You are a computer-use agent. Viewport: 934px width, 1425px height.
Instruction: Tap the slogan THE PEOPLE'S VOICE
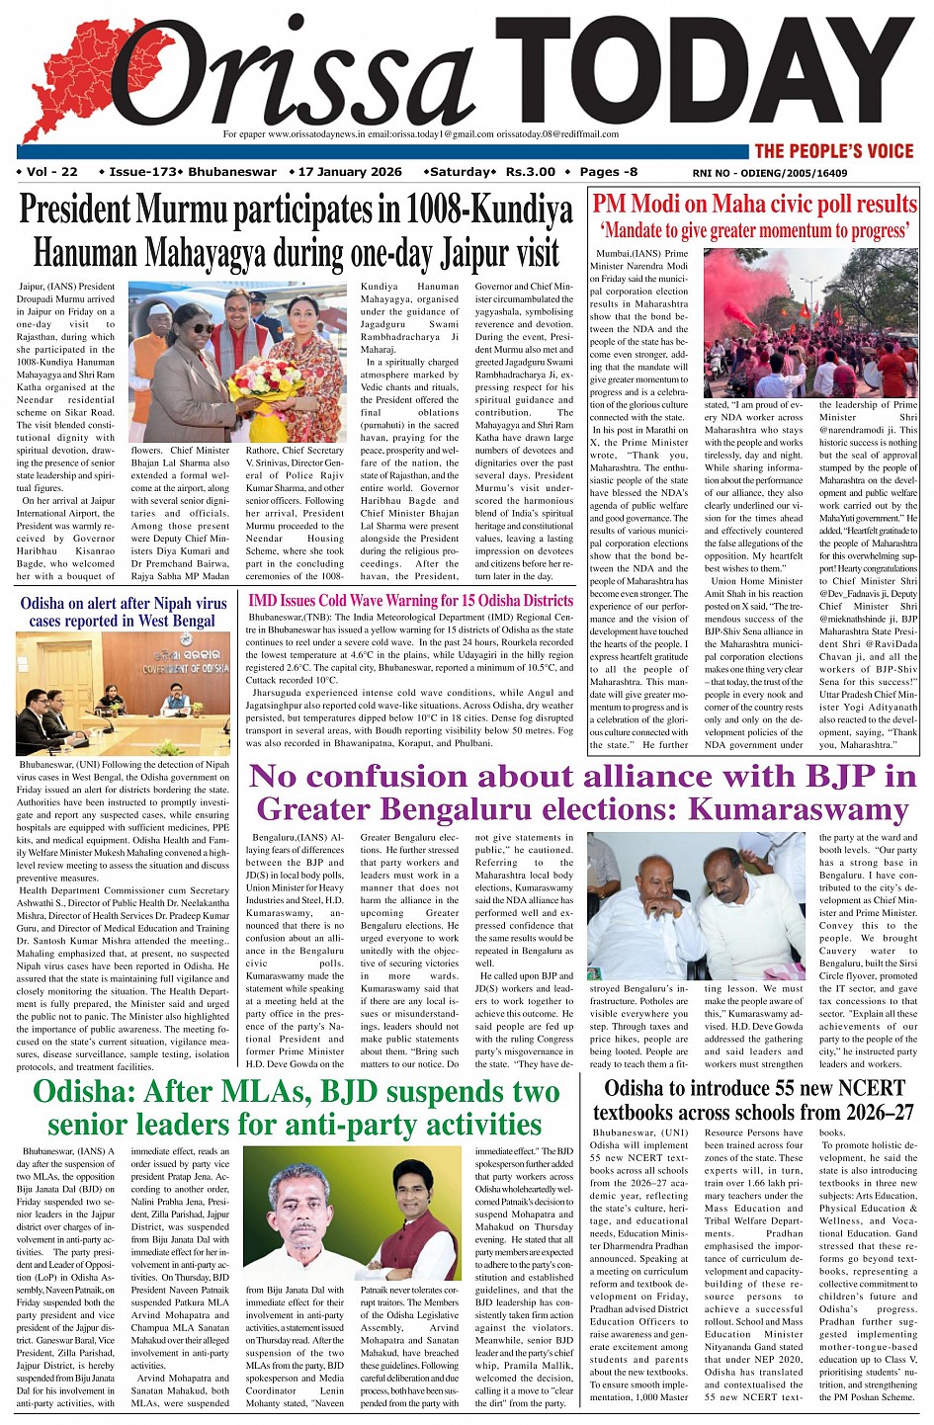[x=834, y=151]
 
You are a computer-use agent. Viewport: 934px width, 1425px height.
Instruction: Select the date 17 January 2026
[x=350, y=172]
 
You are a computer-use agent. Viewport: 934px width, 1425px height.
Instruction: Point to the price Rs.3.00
[x=531, y=172]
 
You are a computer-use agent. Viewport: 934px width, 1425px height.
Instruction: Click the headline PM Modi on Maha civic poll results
[x=754, y=204]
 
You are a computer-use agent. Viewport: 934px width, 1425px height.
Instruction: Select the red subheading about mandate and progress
[x=754, y=230]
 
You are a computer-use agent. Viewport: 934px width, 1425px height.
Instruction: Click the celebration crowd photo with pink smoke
[x=810, y=322]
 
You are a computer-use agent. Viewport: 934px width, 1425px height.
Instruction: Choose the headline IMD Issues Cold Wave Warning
[x=410, y=600]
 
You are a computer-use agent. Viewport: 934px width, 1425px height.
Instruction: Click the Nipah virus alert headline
[x=124, y=611]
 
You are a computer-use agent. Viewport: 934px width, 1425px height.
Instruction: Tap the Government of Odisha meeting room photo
[x=123, y=694]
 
